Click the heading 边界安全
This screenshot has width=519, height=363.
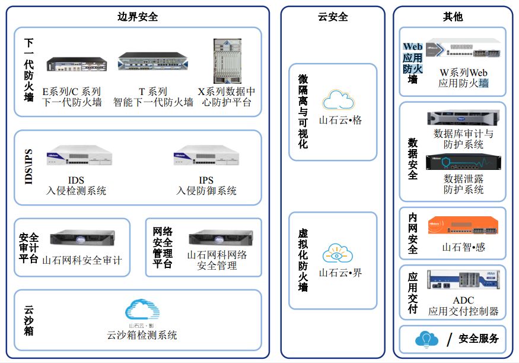pyautogui.click(x=138, y=17)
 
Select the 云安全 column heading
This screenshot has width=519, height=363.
pyautogui.click(x=333, y=17)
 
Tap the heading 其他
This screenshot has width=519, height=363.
pyautogui.click(x=453, y=17)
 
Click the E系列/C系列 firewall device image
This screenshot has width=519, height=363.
pyautogui.click(x=76, y=64)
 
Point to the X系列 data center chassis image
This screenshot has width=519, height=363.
pyautogui.click(x=227, y=62)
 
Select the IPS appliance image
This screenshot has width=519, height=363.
pyautogui.click(x=206, y=156)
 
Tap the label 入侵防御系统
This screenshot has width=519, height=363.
pyautogui.click(x=206, y=191)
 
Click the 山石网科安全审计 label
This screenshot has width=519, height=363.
pyautogui.click(x=82, y=260)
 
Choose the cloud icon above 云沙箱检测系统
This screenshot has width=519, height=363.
pyautogui.click(x=142, y=310)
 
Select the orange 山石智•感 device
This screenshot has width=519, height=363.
pyautogui.click(x=463, y=226)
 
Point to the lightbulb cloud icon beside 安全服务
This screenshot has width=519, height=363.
pyautogui.click(x=426, y=339)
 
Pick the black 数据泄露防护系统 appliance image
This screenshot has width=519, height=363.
pyautogui.click(x=463, y=162)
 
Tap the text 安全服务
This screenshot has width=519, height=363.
pyautogui.click(x=479, y=339)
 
